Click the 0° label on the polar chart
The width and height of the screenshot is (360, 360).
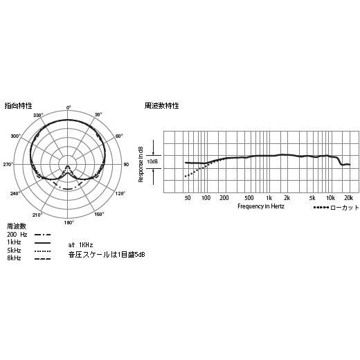click(x=69, y=107)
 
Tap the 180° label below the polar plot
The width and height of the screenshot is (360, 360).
click(x=69, y=222)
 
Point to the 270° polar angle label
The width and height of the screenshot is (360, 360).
click(x=8, y=165)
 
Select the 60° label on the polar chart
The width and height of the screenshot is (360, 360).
click(x=119, y=136)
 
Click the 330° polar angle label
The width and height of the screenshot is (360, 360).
click(x=38, y=115)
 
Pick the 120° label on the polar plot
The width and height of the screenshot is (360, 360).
click(x=120, y=194)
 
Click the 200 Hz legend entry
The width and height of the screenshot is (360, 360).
click(x=17, y=235)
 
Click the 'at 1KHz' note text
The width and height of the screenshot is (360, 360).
click(x=81, y=245)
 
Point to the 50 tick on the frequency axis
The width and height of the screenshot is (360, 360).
click(x=188, y=197)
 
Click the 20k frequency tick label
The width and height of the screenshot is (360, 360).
click(x=348, y=197)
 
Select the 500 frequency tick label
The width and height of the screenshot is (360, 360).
click(x=249, y=197)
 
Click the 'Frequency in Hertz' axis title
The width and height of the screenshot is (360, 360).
click(x=260, y=206)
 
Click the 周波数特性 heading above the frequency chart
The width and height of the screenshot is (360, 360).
click(x=161, y=106)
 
